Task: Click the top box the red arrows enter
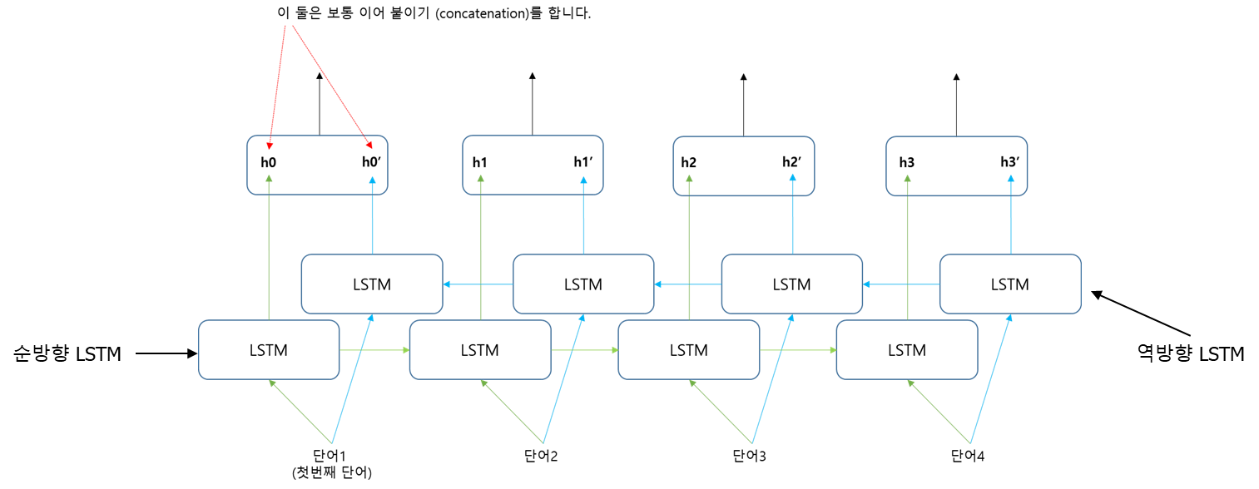317,165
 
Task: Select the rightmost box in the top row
956,165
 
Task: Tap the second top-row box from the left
533,165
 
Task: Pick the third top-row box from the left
743,165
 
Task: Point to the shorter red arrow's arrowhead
269,147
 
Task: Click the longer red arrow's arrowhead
370,146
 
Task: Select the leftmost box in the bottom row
269,349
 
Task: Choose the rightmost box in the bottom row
906,349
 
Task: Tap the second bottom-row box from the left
480,349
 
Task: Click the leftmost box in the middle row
371,284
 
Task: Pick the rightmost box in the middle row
1010,284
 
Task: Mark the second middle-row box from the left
583,284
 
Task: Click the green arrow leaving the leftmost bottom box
374,350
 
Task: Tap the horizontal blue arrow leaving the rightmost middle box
901,284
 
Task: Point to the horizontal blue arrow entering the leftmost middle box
478,284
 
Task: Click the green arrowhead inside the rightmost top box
907,178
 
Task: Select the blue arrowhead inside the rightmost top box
1011,178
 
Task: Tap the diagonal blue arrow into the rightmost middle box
991,378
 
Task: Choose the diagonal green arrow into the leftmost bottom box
300,412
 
